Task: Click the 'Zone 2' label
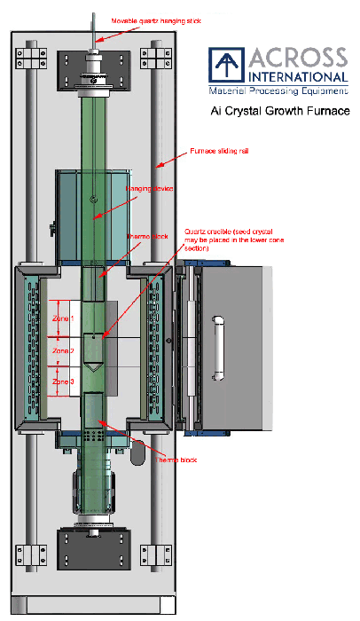click(x=62, y=350)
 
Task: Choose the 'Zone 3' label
click(x=62, y=381)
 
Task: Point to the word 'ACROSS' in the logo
click(x=298, y=59)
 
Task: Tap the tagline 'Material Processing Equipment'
click(x=278, y=90)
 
